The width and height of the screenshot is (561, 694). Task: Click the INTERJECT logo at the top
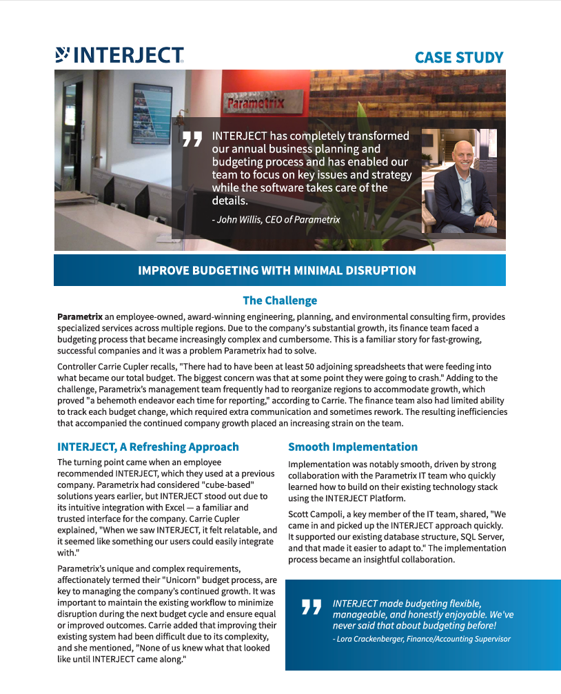119,55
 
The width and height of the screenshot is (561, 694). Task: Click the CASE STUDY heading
458,57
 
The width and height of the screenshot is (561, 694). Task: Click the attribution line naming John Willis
276,219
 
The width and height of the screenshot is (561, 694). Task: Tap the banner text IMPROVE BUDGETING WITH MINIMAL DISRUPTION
277,270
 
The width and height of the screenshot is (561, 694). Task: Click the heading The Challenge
280,300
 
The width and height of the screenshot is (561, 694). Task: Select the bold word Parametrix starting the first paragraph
80,316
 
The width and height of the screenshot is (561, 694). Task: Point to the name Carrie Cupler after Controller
132,367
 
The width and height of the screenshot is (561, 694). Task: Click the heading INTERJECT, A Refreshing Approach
148,447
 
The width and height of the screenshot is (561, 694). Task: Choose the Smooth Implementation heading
353,447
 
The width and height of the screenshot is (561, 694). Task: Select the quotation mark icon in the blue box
312,607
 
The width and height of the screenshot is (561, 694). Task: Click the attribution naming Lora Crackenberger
421,639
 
